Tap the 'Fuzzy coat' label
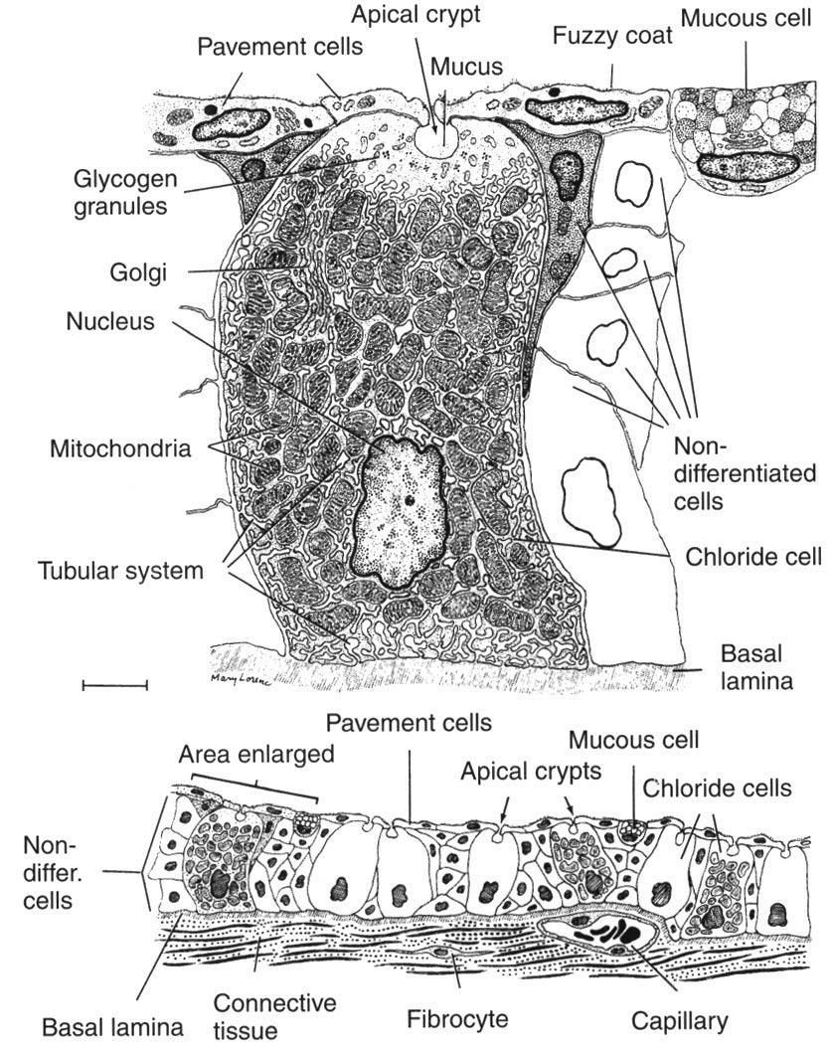(x=612, y=36)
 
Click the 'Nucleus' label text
(x=107, y=322)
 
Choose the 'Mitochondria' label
(x=119, y=447)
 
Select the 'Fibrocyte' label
(x=458, y=1019)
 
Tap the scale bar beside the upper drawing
(x=114, y=684)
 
